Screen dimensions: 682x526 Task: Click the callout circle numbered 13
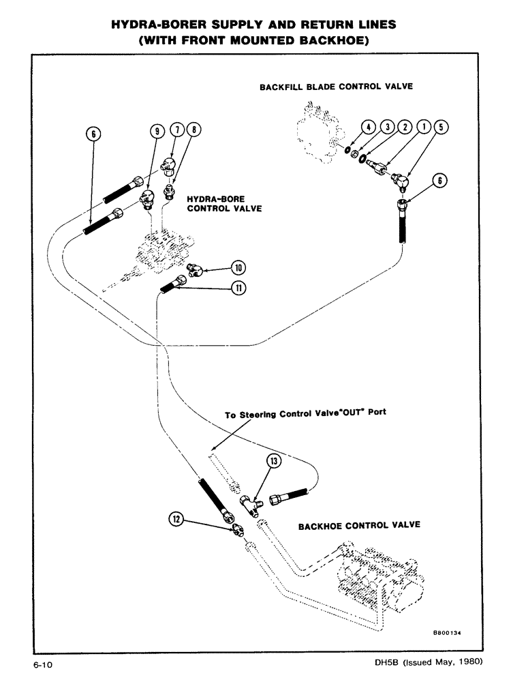pyautogui.click(x=274, y=462)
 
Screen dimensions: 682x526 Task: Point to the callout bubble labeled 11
pyautogui.click(x=220, y=288)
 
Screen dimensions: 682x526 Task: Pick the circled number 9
pyautogui.click(x=155, y=130)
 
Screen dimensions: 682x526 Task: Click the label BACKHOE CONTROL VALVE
pyautogui.click(x=359, y=525)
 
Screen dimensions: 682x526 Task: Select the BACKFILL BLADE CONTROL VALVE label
pyautogui.click(x=336, y=87)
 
